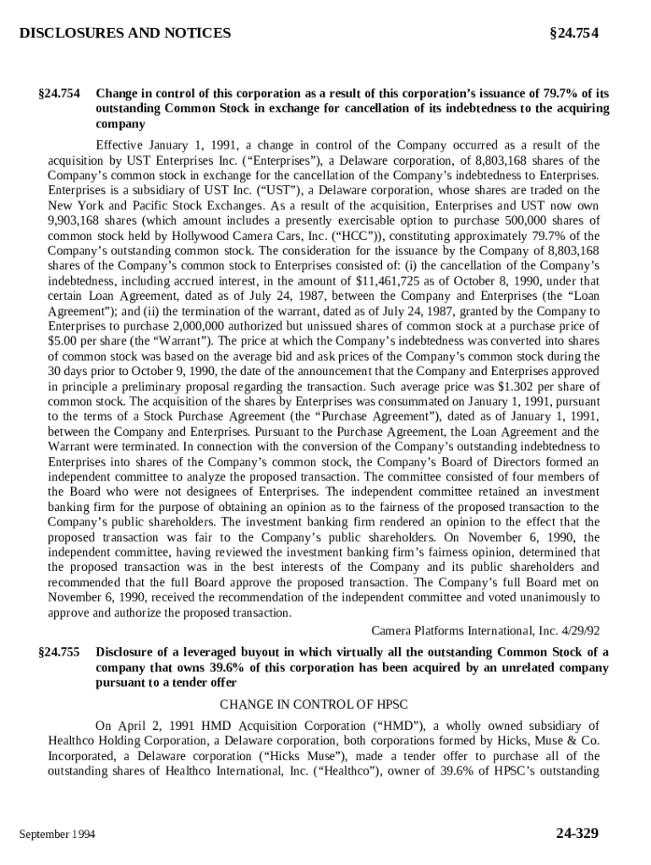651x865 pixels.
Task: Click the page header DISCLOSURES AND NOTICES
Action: (x=124, y=34)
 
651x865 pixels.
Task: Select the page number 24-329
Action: (x=577, y=834)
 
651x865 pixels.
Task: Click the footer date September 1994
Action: (x=57, y=835)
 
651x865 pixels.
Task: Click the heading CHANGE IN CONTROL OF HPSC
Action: (x=325, y=705)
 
